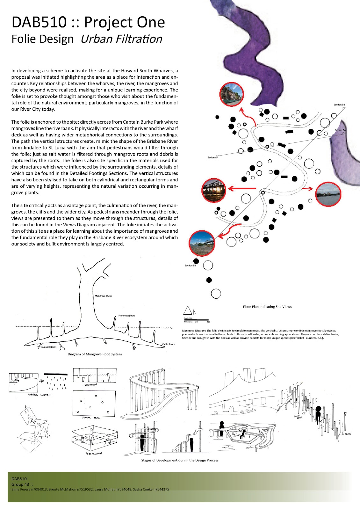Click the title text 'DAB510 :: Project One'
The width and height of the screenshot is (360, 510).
click(x=88, y=22)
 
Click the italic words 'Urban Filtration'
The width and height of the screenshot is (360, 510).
click(x=121, y=39)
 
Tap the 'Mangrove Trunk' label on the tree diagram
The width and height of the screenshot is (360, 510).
click(x=103, y=296)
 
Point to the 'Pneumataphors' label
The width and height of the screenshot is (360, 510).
click(x=126, y=316)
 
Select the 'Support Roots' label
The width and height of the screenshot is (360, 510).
click(x=49, y=347)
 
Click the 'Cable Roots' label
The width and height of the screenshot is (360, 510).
click(x=168, y=344)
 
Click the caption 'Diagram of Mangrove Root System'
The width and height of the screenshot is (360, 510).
click(x=95, y=354)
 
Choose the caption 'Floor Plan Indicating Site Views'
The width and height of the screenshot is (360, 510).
click(x=267, y=307)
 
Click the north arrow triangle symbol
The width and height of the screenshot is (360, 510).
click(x=188, y=311)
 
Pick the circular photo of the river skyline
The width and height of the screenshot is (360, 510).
click(x=328, y=194)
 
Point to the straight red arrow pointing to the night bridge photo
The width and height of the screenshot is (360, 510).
click(x=242, y=189)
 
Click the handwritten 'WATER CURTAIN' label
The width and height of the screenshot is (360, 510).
click(x=40, y=395)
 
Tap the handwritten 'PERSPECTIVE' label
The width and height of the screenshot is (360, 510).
click(x=94, y=453)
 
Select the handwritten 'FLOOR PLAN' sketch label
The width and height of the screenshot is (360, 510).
click(x=91, y=418)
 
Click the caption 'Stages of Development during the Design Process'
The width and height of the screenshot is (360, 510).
click(x=180, y=460)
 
